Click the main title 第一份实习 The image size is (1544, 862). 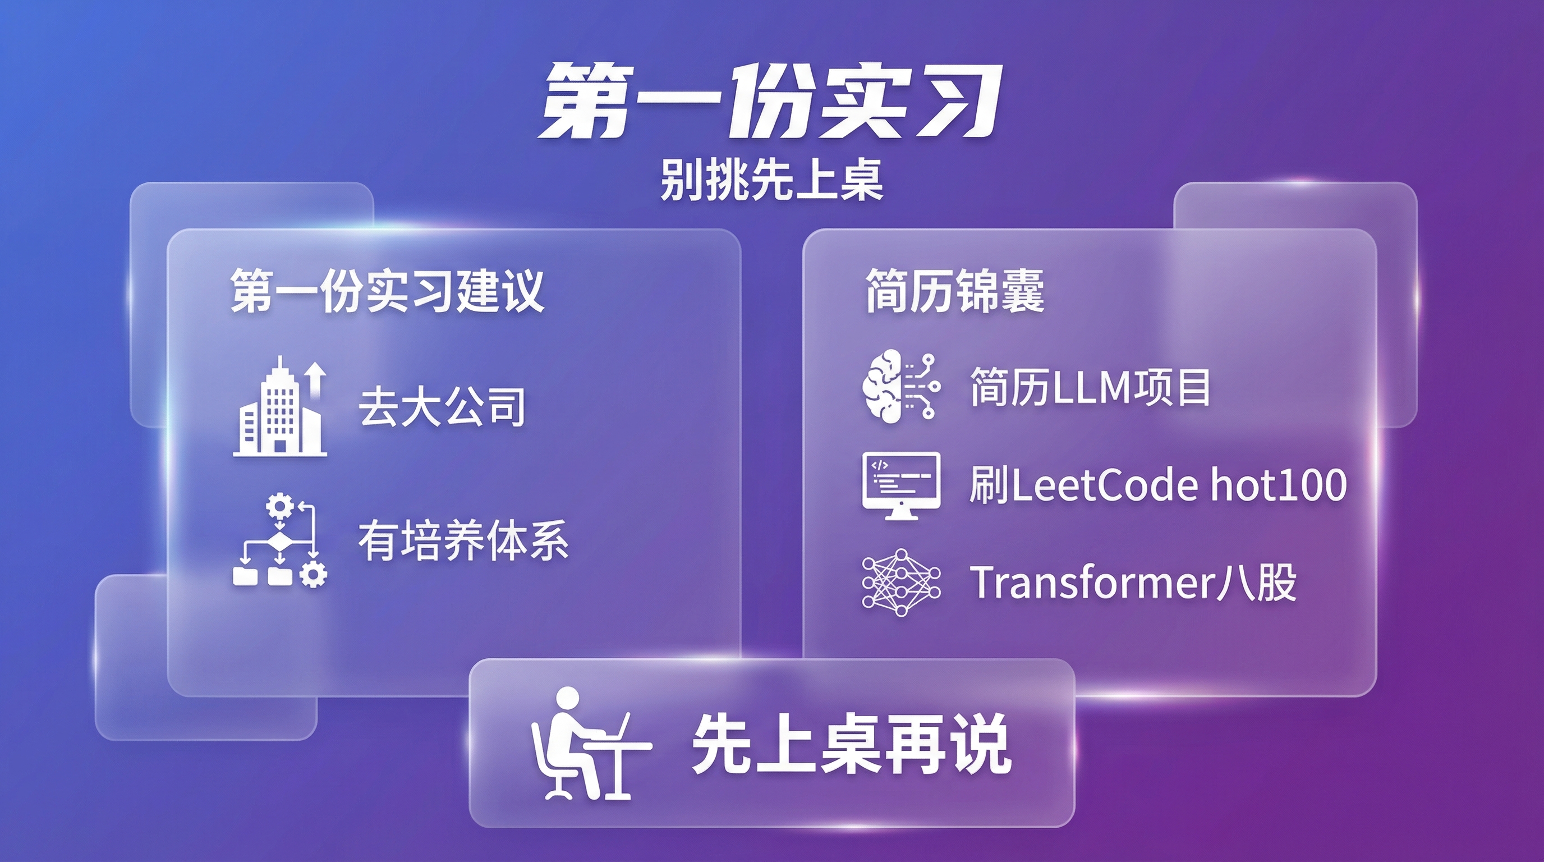pos(771,102)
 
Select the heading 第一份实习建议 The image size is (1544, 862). pos(387,291)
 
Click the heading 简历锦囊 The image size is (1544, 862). pos(954,291)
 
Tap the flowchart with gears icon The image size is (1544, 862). pos(280,539)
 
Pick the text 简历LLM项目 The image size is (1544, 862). pos(1090,387)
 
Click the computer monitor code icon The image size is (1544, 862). pos(901,485)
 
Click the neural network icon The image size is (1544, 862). pos(901,582)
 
